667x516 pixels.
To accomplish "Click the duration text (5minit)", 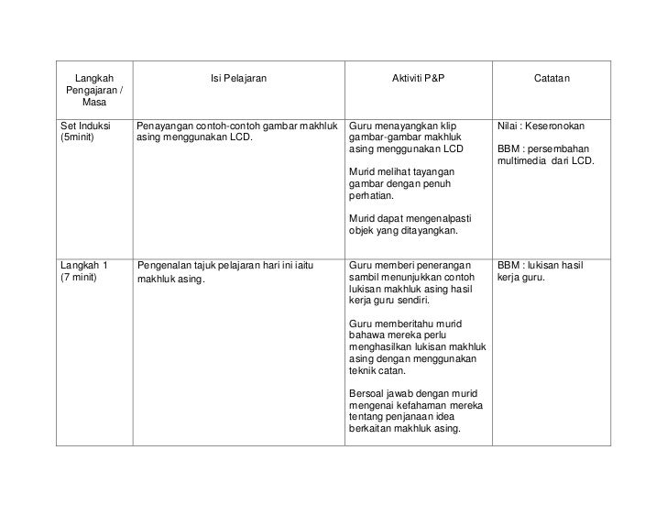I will click(77, 138).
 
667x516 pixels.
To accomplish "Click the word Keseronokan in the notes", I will click(559, 125).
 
